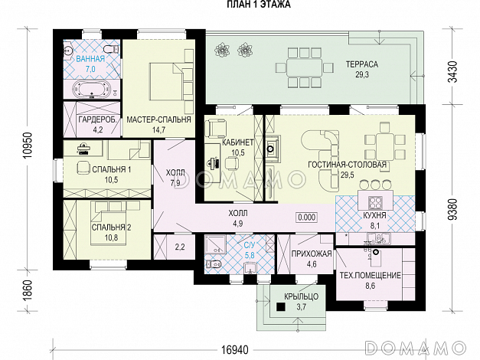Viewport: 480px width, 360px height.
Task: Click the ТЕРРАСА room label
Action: click(362, 64)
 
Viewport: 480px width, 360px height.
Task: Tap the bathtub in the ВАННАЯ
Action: click(90, 89)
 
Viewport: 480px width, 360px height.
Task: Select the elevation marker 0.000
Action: click(306, 218)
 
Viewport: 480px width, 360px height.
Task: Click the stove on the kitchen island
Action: click(376, 202)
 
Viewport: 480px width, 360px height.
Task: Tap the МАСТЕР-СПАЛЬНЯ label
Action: click(158, 119)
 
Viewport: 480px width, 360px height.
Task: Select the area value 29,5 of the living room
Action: click(347, 175)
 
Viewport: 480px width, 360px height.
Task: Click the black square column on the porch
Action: click(281, 307)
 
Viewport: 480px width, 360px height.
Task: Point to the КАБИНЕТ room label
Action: click(238, 142)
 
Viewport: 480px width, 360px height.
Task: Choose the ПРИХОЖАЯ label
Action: click(312, 254)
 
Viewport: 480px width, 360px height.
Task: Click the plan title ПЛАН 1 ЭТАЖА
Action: click(258, 5)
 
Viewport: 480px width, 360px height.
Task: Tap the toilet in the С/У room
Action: click(214, 263)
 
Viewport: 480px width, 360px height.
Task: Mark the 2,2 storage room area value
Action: click(180, 247)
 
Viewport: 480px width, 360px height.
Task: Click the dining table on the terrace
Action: click(304, 67)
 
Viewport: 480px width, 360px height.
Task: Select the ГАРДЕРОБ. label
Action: click(98, 119)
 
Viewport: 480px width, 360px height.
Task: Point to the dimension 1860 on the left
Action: click(28, 291)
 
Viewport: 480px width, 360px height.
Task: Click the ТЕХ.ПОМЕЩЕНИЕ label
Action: click(370, 275)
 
